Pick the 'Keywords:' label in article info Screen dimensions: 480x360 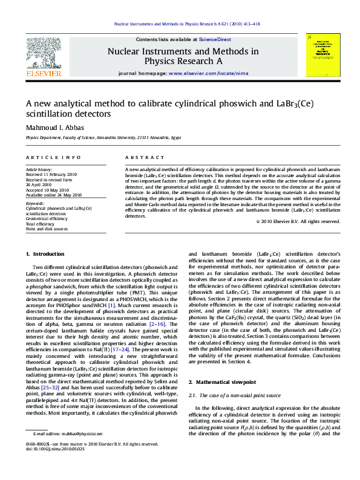(x=35, y=203)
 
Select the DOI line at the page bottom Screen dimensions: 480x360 (x=55, y=466)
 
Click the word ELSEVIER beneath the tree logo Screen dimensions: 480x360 (x=44, y=74)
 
